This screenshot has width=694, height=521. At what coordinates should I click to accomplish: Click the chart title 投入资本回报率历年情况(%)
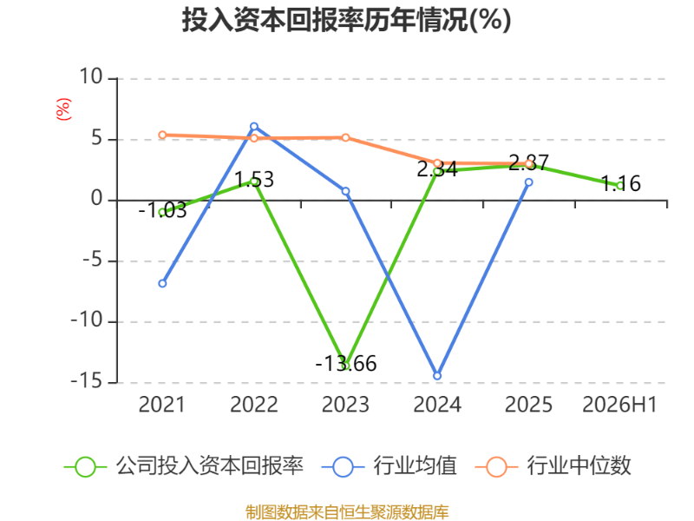coord(346,20)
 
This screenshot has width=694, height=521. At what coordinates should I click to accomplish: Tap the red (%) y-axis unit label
coord(63,109)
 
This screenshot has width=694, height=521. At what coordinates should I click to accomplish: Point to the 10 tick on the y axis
coord(91,77)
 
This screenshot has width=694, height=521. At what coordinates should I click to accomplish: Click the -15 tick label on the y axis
coord(87,381)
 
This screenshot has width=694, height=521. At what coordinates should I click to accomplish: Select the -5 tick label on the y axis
coord(93,260)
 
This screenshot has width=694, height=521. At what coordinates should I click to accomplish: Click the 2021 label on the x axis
coord(161,405)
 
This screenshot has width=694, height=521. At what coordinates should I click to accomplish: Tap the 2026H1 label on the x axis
coord(619,405)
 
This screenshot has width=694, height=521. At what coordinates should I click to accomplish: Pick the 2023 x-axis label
coord(345,405)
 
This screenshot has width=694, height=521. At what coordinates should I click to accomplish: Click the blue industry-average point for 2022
coord(254,127)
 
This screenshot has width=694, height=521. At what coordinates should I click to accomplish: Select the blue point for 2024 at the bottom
coord(437,376)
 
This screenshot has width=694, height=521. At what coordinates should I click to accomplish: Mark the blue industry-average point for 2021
coord(162,283)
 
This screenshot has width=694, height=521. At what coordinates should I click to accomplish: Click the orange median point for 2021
coord(162,135)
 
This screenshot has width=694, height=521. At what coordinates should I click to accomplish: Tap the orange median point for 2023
coord(345,138)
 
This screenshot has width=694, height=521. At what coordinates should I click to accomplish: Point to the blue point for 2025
coord(529,182)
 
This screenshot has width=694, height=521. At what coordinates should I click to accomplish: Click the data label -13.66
coord(345,364)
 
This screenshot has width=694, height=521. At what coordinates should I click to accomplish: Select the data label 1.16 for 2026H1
coord(621,183)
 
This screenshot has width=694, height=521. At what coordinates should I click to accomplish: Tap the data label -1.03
coord(162,210)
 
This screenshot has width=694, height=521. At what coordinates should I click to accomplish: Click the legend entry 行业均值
coord(390,466)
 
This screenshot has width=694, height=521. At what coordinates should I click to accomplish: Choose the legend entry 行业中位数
coord(553,466)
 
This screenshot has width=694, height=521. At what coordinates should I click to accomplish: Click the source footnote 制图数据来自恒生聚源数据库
coord(347,512)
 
